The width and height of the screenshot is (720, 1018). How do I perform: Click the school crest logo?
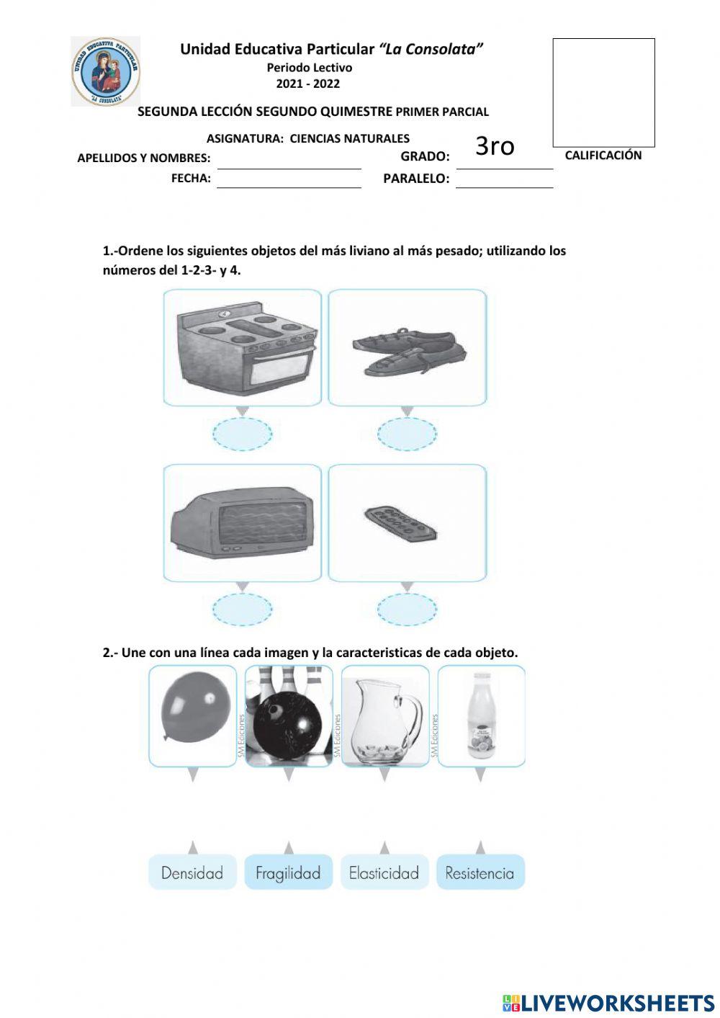106,71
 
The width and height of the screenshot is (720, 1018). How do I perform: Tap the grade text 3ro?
495,146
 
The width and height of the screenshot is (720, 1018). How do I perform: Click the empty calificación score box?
603,92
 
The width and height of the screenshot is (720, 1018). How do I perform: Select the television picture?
242,523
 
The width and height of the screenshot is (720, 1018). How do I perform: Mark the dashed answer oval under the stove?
243,434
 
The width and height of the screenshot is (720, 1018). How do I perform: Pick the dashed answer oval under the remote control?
408,610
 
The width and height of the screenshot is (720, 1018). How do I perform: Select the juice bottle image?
480,715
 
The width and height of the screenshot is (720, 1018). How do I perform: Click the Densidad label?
192,872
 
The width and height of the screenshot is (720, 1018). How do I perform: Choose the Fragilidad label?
288,872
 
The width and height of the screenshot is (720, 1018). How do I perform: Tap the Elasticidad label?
384,872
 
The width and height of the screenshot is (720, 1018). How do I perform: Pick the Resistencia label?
480,872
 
